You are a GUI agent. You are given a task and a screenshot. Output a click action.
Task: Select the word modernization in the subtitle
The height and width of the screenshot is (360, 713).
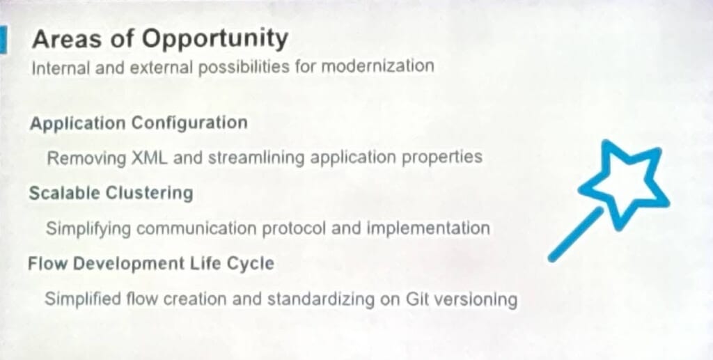[x=378, y=66]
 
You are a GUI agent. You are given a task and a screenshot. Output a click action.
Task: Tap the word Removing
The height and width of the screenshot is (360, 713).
[x=86, y=159]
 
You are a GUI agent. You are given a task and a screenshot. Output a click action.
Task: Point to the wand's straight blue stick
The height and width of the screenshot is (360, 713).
[x=575, y=235]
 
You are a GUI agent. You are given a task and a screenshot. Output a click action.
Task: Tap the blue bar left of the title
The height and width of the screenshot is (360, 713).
[x=3, y=40]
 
